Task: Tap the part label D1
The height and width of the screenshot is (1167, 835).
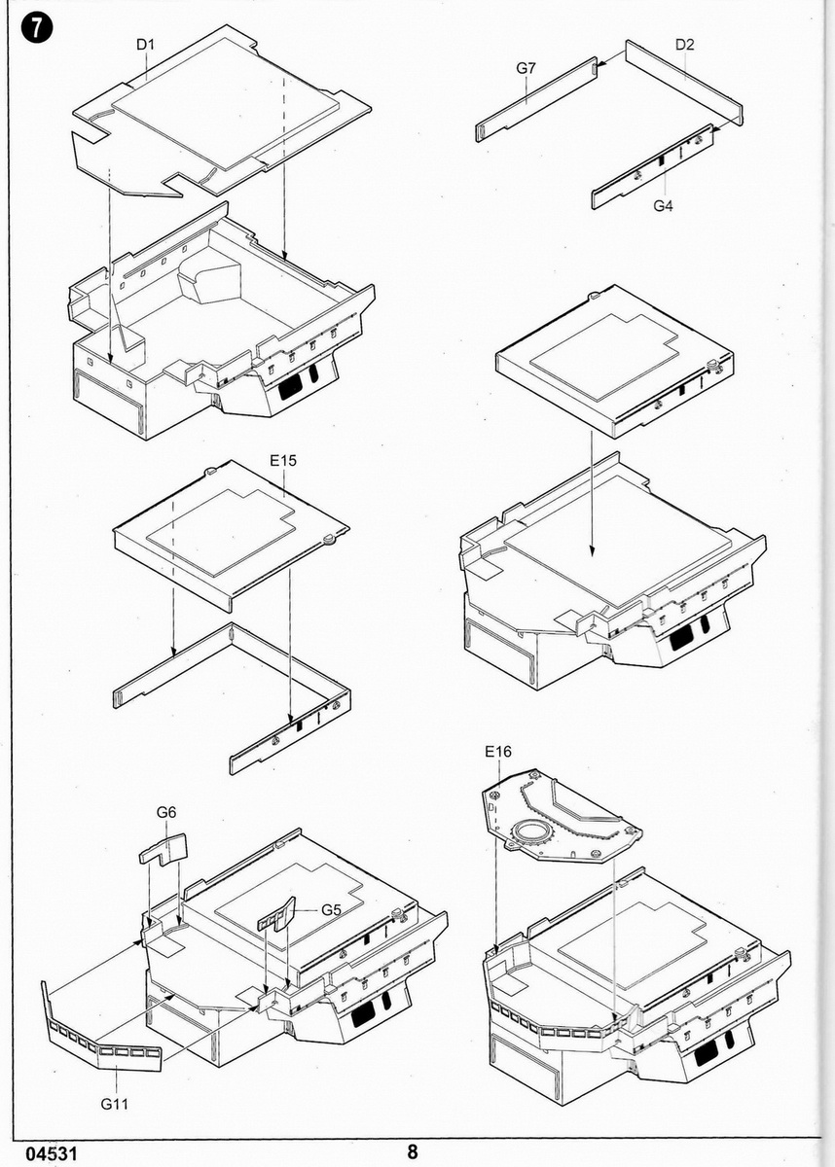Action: pyautogui.click(x=146, y=44)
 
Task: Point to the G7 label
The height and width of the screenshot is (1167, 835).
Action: pyautogui.click(x=526, y=68)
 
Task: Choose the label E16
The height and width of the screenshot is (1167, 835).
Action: pyautogui.click(x=496, y=751)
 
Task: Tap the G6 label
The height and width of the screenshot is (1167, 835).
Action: pyautogui.click(x=166, y=812)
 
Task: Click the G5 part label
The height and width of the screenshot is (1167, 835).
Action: pyautogui.click(x=331, y=910)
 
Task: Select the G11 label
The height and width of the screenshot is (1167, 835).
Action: pyautogui.click(x=115, y=1105)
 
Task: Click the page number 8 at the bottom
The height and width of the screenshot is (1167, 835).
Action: pyautogui.click(x=413, y=1151)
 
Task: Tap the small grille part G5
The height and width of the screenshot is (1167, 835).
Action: pyautogui.click(x=276, y=914)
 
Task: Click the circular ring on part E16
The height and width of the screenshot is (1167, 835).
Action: pyautogui.click(x=531, y=832)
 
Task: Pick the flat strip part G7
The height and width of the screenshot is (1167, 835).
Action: pyautogui.click(x=535, y=99)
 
